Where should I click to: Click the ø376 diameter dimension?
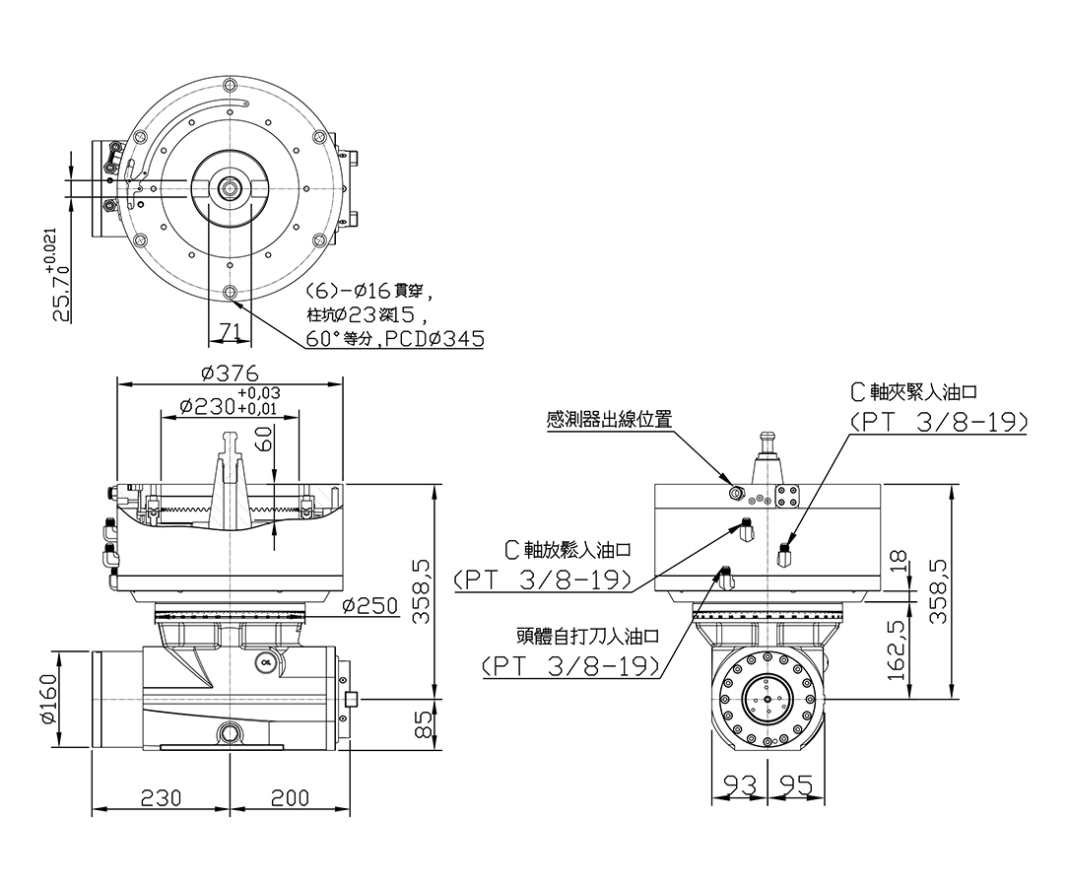(x=231, y=374)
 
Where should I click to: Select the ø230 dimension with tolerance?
(x=230, y=401)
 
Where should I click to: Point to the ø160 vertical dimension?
(x=48, y=699)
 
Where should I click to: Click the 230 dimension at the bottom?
(x=162, y=797)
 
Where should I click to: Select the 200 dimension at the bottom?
(x=291, y=797)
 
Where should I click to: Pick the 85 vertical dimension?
(x=424, y=724)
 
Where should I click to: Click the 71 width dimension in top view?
(x=230, y=332)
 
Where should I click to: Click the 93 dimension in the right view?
(x=740, y=786)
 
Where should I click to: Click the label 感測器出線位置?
(x=609, y=419)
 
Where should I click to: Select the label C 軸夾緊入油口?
(x=914, y=391)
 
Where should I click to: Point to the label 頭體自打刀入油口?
(x=588, y=637)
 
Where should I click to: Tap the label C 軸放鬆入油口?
(x=568, y=549)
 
